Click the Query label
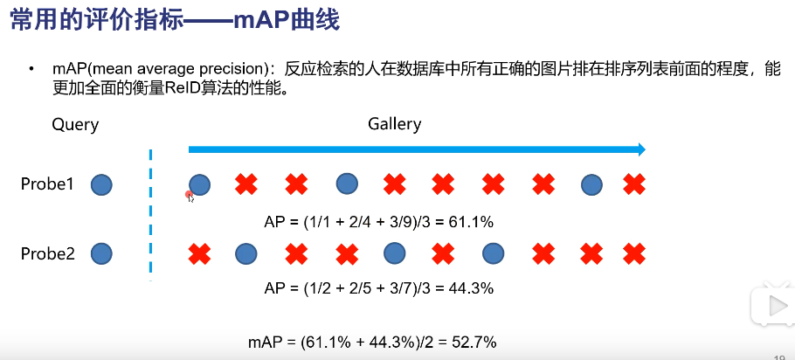point(75,124)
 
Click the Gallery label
point(394,123)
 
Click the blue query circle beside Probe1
point(102,184)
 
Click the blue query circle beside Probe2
point(102,254)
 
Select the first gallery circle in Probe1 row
point(200,184)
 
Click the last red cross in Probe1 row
point(633,183)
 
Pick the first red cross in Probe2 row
point(200,254)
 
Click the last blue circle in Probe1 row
point(592,184)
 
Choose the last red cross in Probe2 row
point(633,254)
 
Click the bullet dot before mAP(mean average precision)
point(33,69)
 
